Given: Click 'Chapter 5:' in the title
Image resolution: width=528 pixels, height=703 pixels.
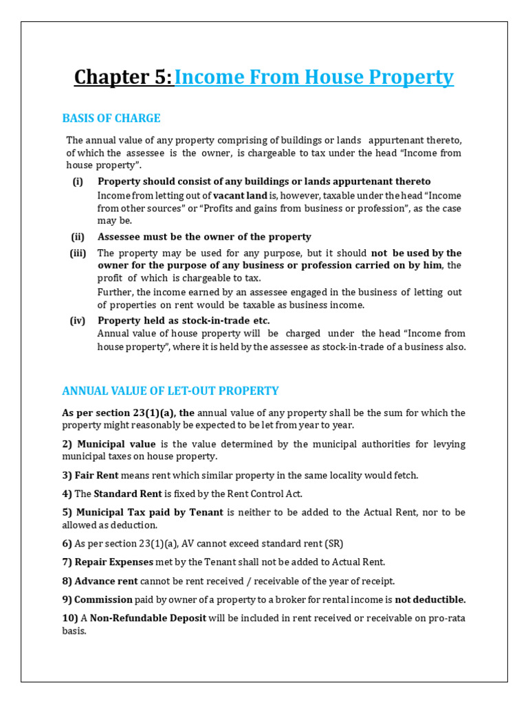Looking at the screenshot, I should [123, 78].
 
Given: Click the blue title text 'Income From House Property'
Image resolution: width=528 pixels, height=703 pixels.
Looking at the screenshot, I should [314, 78].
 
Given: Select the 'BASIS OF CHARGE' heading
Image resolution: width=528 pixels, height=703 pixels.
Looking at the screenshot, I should [111, 118].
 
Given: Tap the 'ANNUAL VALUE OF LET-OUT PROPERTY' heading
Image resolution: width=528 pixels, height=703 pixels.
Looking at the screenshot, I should [170, 391].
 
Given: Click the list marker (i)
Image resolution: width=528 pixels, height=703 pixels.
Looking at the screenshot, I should [78, 181].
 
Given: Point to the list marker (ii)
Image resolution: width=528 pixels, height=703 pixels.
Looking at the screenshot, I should [78, 237].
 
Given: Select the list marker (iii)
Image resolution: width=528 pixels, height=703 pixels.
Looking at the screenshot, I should [77, 253].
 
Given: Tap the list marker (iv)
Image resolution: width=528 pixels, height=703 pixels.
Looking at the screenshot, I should [77, 321].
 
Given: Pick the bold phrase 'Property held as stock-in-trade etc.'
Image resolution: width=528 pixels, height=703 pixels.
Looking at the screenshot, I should [184, 321].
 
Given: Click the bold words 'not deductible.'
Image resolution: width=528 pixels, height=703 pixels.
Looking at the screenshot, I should [430, 599].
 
